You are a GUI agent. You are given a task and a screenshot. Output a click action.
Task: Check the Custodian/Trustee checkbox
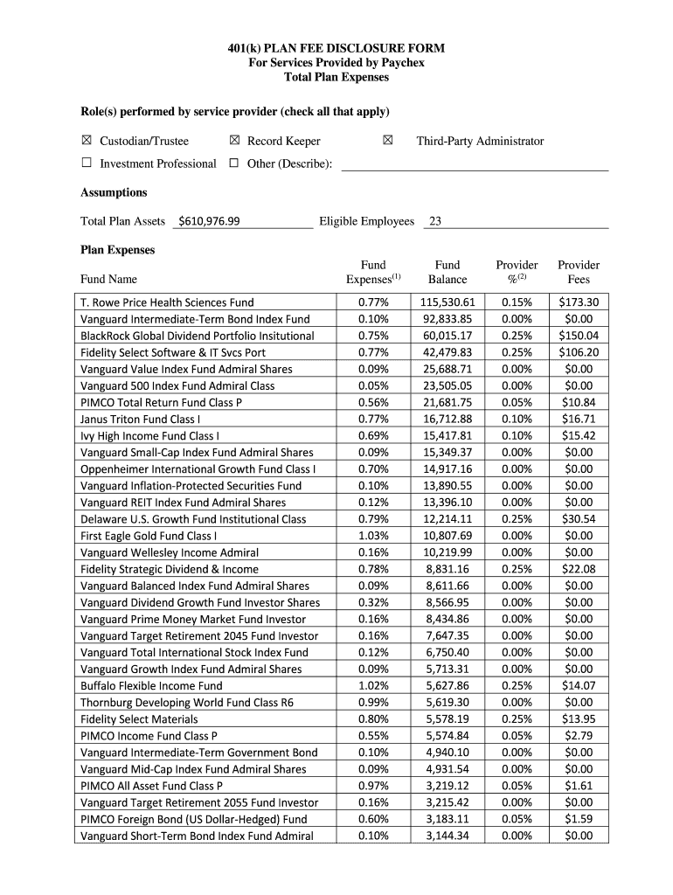pyautogui.click(x=87, y=141)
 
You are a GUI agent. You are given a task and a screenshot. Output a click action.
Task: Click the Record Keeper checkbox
pyautogui.click(x=234, y=141)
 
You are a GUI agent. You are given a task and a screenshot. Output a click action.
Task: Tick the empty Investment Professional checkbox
pyautogui.click(x=87, y=163)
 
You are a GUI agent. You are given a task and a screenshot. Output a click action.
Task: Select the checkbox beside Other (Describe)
pyautogui.click(x=234, y=163)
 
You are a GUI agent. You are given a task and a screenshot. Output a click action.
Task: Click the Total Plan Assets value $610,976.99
pyautogui.click(x=209, y=221)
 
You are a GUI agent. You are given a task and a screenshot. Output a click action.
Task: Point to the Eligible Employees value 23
pyautogui.click(x=434, y=221)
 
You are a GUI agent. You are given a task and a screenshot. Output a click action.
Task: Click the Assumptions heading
pyautogui.click(x=114, y=192)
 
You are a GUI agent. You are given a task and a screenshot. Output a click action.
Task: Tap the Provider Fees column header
pyautogui.click(x=579, y=272)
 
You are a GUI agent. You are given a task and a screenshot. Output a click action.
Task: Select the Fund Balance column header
pyautogui.click(x=448, y=272)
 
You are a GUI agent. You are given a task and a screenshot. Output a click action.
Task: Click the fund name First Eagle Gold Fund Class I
pyautogui.click(x=149, y=536)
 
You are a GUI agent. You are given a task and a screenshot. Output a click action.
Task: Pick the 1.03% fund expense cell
pyautogui.click(x=372, y=536)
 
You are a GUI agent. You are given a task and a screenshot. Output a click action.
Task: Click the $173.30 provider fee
pyautogui.click(x=579, y=302)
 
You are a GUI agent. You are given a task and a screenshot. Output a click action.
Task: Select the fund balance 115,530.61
pyautogui.click(x=448, y=302)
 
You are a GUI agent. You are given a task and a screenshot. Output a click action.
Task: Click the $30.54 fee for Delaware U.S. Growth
pyautogui.click(x=579, y=519)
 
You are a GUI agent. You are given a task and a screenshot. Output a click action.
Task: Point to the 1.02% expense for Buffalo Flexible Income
pyautogui.click(x=372, y=686)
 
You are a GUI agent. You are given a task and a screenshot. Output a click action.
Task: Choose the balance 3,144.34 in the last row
pyautogui.click(x=448, y=836)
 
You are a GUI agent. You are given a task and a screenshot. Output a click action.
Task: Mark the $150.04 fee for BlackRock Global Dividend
pyautogui.click(x=579, y=336)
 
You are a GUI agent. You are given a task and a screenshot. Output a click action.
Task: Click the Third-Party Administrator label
pyautogui.click(x=480, y=141)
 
